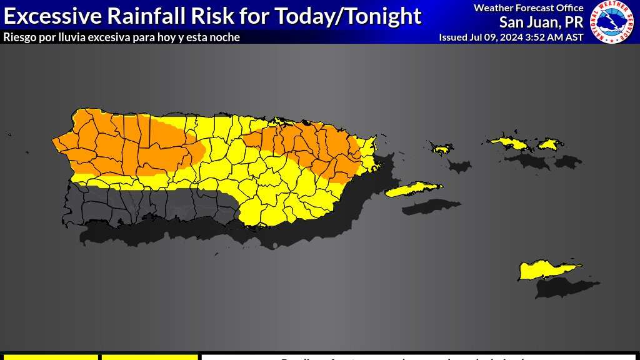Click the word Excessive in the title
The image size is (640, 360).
point(48,15)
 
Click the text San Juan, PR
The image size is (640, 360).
point(541,22)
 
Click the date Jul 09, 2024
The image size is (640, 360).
point(495,37)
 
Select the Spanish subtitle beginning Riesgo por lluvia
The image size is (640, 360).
point(121,37)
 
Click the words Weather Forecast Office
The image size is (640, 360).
point(528,8)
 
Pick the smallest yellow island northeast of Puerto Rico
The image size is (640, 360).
point(442,149)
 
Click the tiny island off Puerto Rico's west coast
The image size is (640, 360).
point(9,134)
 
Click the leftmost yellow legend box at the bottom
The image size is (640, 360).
point(50,357)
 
